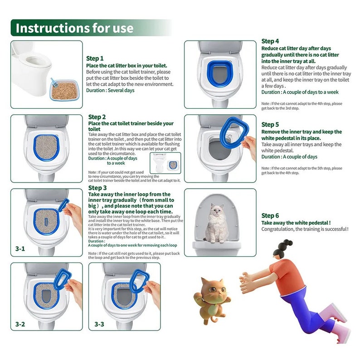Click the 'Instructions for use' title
coord(75,28)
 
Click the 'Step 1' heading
coord(95,58)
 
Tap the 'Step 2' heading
coord(97,117)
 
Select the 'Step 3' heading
coord(97,188)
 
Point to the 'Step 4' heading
coord(270,41)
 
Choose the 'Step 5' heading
coord(270,124)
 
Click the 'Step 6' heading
coord(270,216)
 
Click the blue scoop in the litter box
coord(53,83)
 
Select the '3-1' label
coord(20,248)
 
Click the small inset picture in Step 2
coord(165,163)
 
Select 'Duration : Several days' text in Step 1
coord(110,90)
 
